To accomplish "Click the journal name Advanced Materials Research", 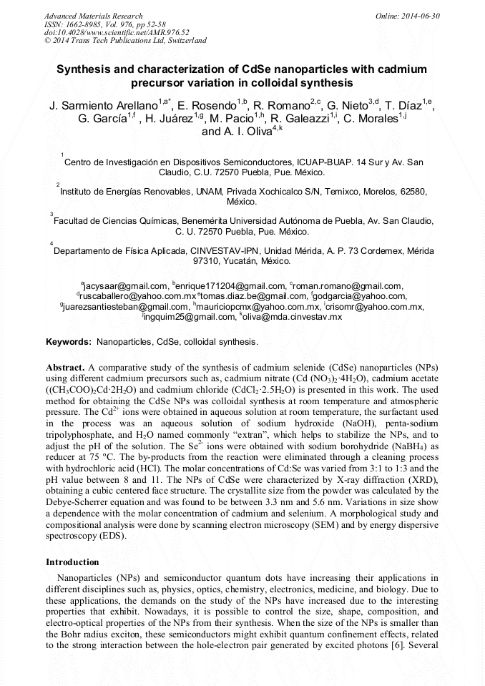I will point(94,16).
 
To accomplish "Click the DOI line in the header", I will point(117,32).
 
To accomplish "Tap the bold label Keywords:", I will point(69,343).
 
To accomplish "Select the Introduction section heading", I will point(72,562).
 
